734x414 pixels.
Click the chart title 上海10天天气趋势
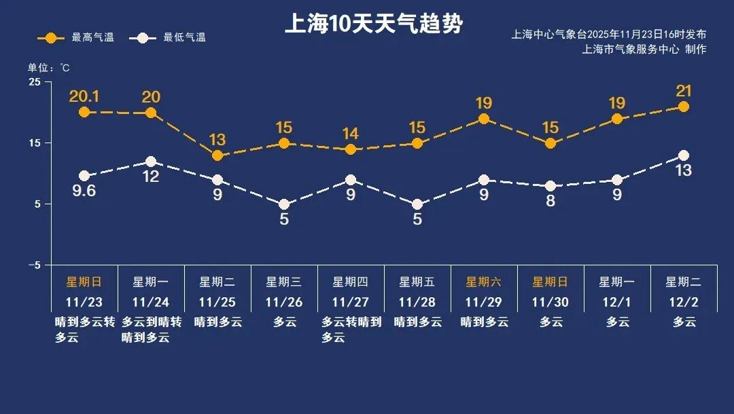tap(373, 25)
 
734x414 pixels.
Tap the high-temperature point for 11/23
tap(84, 112)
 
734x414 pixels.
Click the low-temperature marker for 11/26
tap(284, 204)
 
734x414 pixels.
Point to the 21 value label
tap(683, 91)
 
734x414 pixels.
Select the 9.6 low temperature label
tap(84, 191)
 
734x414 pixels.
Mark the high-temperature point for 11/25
tap(217, 155)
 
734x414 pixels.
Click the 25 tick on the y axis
tap(35, 82)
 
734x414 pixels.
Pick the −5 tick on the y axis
tap(34, 265)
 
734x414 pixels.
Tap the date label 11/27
tap(351, 302)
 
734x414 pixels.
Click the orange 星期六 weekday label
tap(483, 282)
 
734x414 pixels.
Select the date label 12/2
tap(684, 302)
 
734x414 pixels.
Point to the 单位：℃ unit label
tap(48, 68)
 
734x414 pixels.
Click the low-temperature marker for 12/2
tap(683, 155)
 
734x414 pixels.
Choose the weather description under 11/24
tap(152, 329)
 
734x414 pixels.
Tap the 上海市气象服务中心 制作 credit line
tap(644, 50)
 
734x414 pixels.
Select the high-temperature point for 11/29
tap(484, 119)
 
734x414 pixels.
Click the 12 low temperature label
tap(151, 176)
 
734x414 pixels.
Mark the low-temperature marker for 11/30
tap(550, 186)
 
